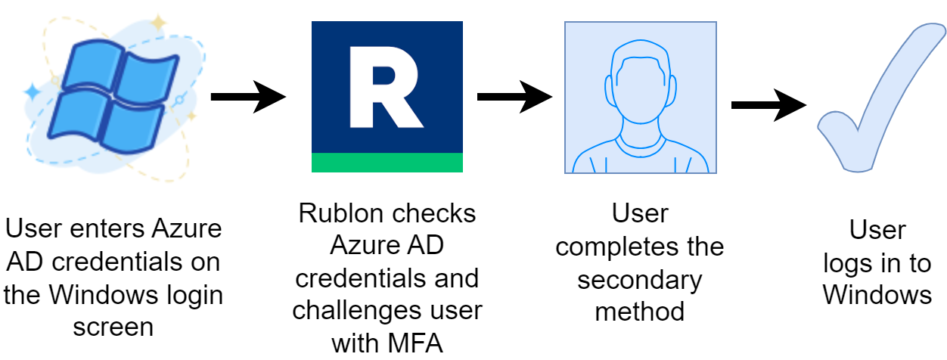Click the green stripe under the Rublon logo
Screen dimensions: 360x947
[x=387, y=162]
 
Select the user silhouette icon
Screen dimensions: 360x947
[x=640, y=98]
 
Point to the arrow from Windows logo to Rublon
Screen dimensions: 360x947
[x=248, y=97]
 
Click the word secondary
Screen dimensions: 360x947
[x=640, y=279]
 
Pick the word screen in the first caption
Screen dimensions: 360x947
[x=113, y=327]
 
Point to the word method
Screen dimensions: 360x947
[x=640, y=311]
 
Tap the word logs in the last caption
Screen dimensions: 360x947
[x=851, y=262]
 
